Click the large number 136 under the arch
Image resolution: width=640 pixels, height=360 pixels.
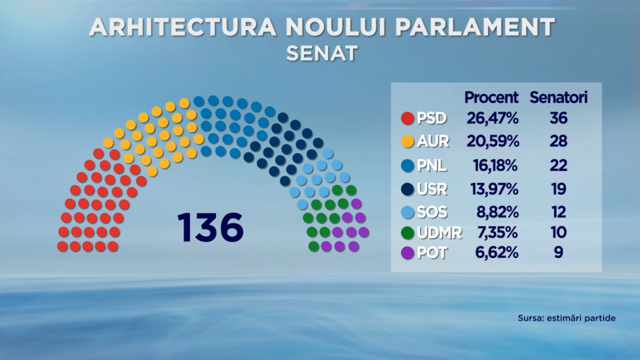coord(210,227)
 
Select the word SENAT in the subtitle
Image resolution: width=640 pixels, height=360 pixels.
coord(322,54)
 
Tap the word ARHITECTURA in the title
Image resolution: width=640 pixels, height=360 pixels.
coord(183,27)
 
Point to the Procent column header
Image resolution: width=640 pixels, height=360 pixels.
coord(492,97)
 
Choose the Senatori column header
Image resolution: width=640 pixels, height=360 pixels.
coord(559,97)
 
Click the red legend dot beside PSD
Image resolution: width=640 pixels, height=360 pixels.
coord(408,118)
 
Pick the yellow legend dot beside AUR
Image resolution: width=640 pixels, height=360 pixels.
coord(408,142)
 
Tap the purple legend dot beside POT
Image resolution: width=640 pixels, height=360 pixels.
coord(408,253)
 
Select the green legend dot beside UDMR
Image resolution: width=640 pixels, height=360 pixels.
coord(408,233)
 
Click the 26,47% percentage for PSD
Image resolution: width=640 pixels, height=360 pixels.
coord(493,118)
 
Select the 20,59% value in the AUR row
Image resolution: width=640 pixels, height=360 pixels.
coord(493,142)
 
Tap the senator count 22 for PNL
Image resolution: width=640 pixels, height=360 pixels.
coord(559,165)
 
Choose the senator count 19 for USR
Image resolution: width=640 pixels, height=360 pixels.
coord(559,189)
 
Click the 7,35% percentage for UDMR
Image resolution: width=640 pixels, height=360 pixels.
coord(498,233)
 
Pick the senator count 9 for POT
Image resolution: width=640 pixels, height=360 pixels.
coord(559,252)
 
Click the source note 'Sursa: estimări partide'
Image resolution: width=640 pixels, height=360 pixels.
coord(566,318)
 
